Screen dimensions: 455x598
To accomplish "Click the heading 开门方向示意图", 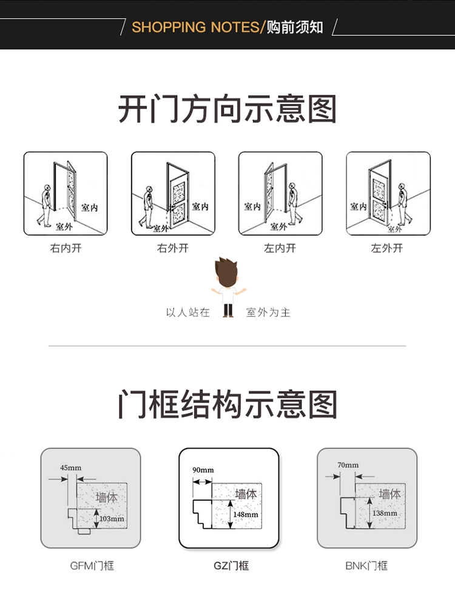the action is point(227,109).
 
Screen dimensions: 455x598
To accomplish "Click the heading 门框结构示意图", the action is point(227,404).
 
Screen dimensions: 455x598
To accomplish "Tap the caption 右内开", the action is point(66,248).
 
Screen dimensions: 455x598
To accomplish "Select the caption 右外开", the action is point(173,248).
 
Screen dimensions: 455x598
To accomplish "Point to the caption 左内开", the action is point(280,248).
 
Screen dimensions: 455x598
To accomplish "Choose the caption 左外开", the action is point(387,248).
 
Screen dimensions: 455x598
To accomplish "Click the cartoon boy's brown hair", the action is point(226,271).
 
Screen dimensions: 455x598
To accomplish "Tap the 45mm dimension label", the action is point(70,467).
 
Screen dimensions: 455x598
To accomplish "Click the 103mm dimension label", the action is point(112,518).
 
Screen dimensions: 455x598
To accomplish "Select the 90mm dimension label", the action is point(203,470).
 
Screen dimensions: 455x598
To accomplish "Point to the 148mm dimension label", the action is point(246,514).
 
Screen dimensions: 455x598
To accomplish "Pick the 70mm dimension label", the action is point(348,465).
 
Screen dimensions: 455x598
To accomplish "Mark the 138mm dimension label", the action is point(385,514).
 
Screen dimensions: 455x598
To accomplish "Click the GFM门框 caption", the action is point(92,566).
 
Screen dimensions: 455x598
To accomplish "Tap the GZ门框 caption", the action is point(231,566).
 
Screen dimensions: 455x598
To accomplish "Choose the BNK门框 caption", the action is point(366,566).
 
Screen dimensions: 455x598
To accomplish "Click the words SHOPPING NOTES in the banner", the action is point(195,27).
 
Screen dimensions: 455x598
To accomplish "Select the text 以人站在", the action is point(188,312).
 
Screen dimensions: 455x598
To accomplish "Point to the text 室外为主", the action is point(268,312).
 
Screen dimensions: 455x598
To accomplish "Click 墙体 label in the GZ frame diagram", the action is point(246,494).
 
